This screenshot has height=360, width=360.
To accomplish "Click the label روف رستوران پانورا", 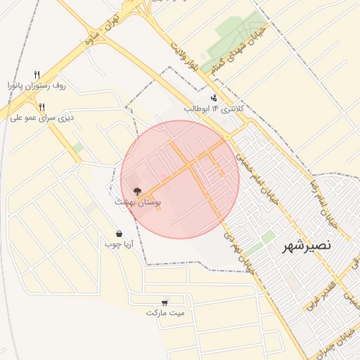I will pos(37,85).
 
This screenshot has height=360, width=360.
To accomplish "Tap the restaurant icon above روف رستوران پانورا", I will pos(37,74).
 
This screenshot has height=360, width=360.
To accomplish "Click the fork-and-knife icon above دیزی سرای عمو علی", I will pos(42,107).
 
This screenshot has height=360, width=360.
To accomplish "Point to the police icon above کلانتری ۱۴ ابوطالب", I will pos(214,98).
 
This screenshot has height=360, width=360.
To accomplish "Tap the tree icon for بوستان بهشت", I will pos(136,191).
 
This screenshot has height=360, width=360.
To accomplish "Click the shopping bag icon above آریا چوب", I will pos(119,233).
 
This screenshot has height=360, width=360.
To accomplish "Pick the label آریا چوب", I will pos(119,245).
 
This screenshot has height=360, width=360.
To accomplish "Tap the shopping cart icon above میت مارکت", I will pos(165,302).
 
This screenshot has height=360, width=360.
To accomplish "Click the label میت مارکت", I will pos(165,312).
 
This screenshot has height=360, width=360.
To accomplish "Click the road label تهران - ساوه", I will pos(101,31).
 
